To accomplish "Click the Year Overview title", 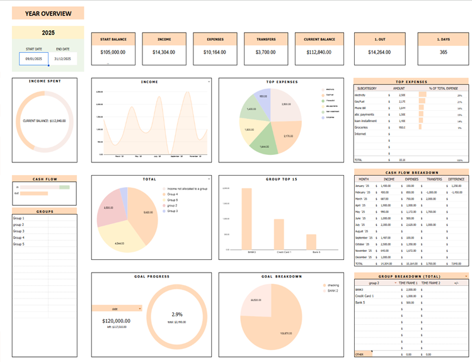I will (x=48, y=14).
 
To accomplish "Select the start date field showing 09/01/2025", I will (x=33, y=59).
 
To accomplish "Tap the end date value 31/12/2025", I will (x=63, y=59).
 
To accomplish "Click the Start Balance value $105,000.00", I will (x=113, y=53).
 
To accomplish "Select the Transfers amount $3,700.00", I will (x=266, y=53).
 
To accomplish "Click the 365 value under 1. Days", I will (x=443, y=53).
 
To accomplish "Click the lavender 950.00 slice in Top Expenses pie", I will (x=264, y=98).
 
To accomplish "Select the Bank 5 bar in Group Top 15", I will (x=311, y=242).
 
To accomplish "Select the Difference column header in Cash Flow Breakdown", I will (x=456, y=179).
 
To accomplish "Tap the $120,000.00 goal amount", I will (x=116, y=321).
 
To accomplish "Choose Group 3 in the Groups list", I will (x=19, y=231).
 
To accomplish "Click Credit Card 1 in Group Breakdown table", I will (x=365, y=296).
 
